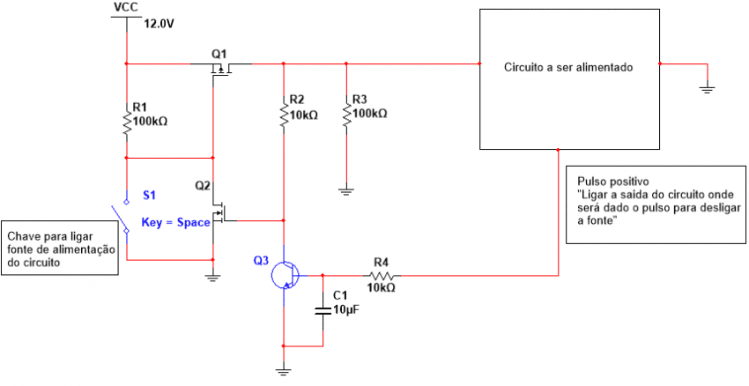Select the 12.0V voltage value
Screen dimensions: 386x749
click(x=159, y=25)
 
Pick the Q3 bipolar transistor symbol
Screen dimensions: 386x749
click(x=285, y=275)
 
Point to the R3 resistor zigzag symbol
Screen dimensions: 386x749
click(x=346, y=115)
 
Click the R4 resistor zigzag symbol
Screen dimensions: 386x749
click(x=381, y=275)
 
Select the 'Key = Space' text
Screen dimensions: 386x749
click(x=176, y=223)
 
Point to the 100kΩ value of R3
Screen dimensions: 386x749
click(x=370, y=114)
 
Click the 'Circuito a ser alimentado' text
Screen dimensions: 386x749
click(x=568, y=67)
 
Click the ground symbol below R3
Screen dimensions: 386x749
click(x=346, y=189)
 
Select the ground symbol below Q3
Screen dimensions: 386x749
click(x=284, y=371)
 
